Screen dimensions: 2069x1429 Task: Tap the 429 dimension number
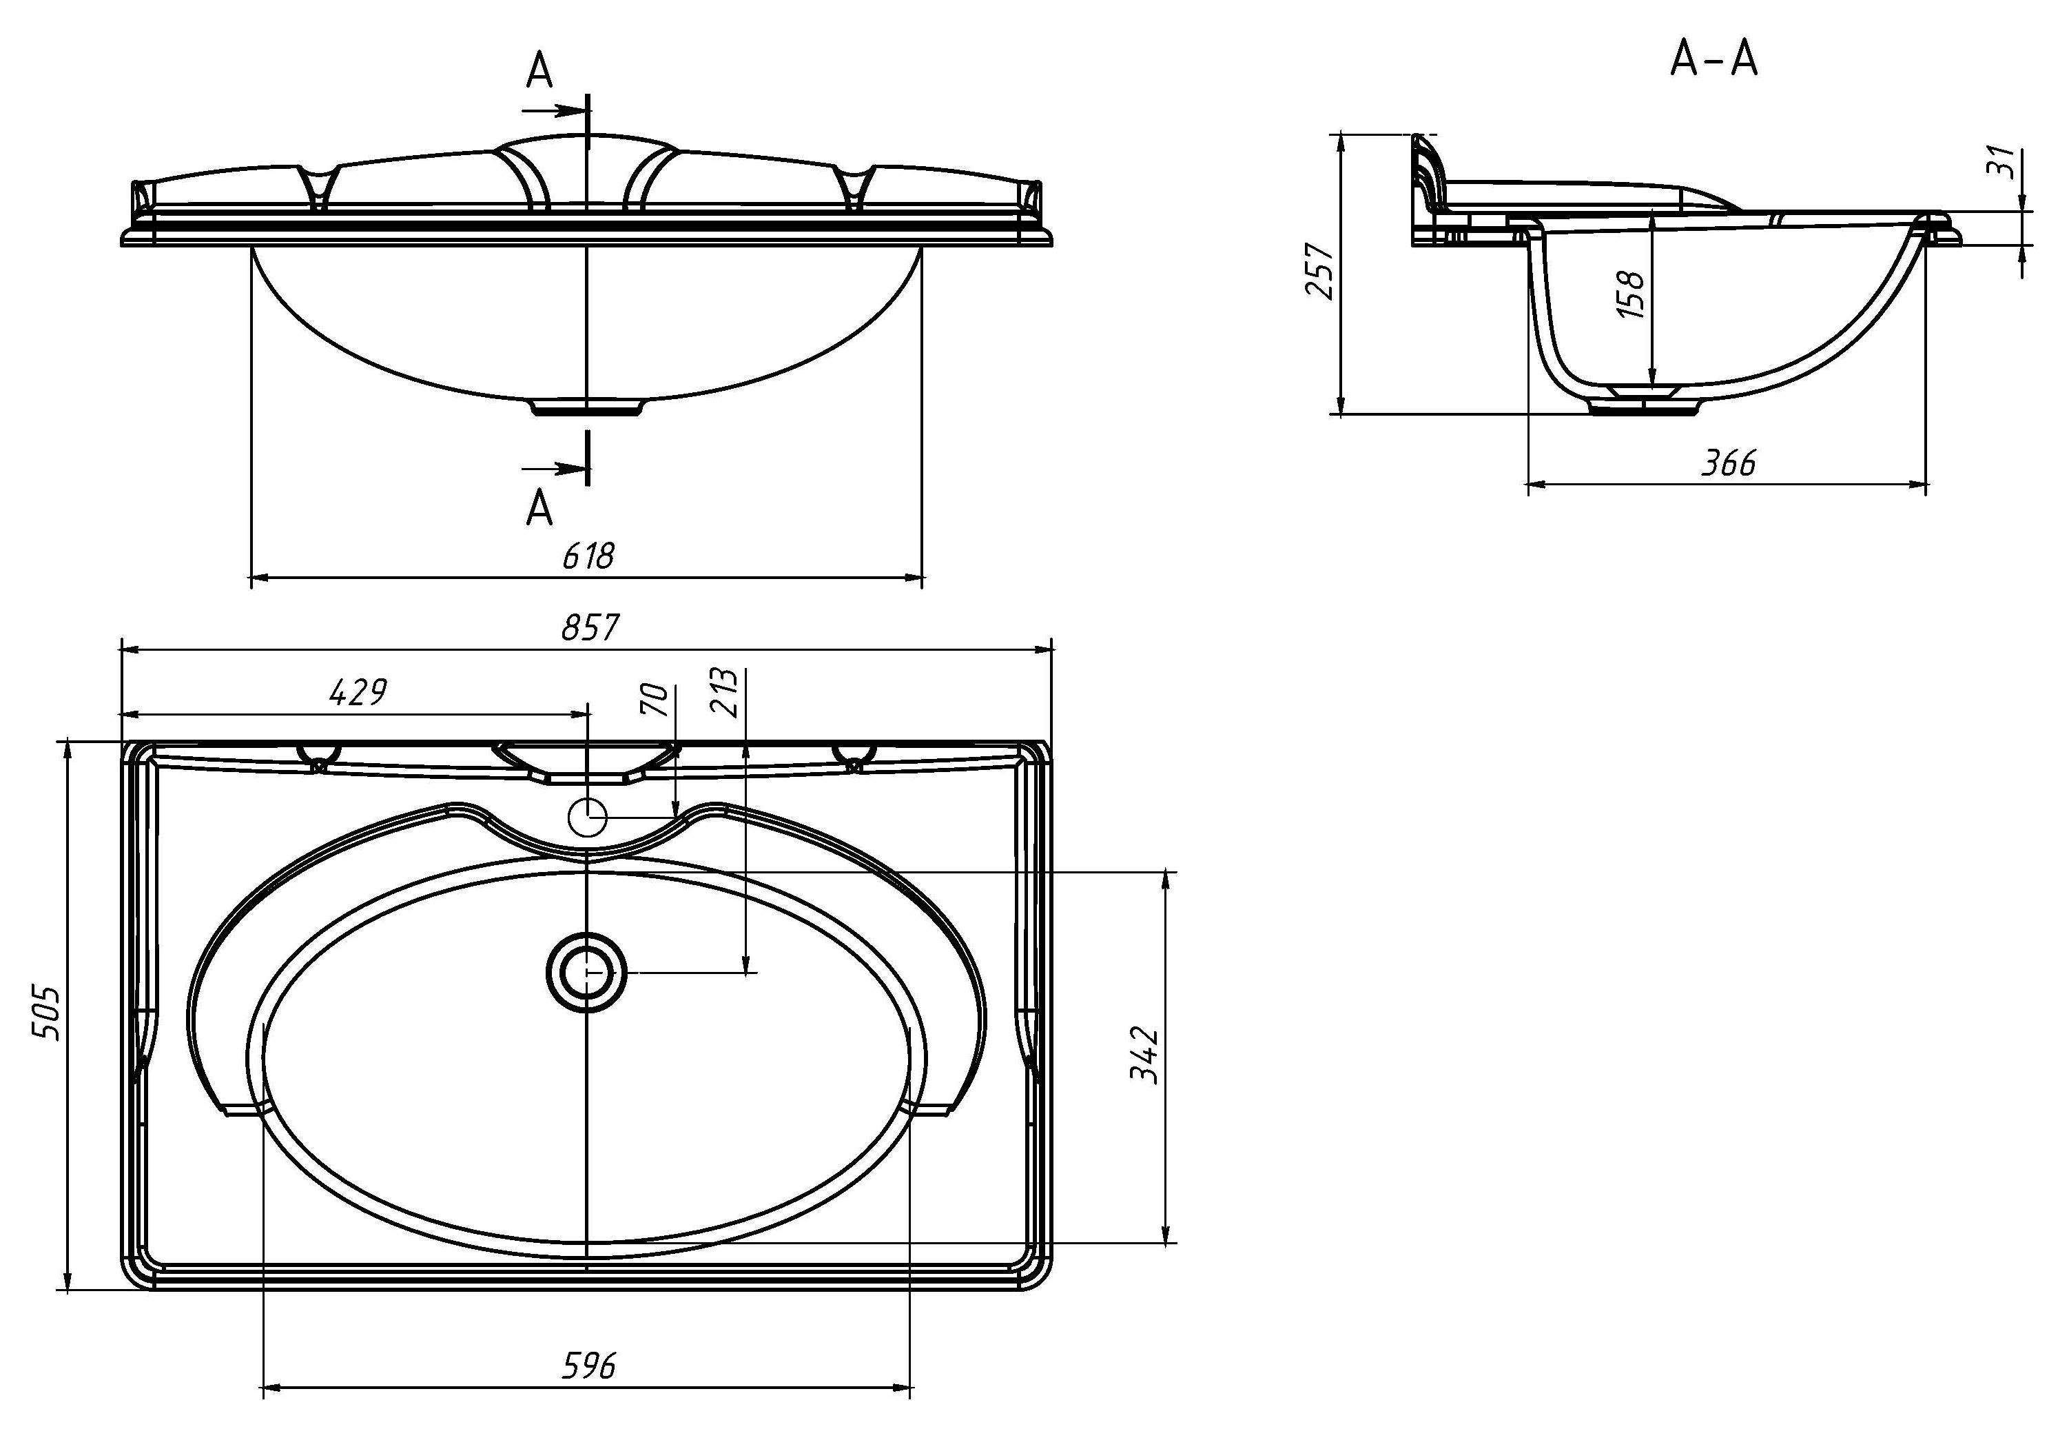(358, 692)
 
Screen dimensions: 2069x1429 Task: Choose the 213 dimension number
(723, 692)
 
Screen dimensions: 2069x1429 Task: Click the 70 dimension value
(655, 699)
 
